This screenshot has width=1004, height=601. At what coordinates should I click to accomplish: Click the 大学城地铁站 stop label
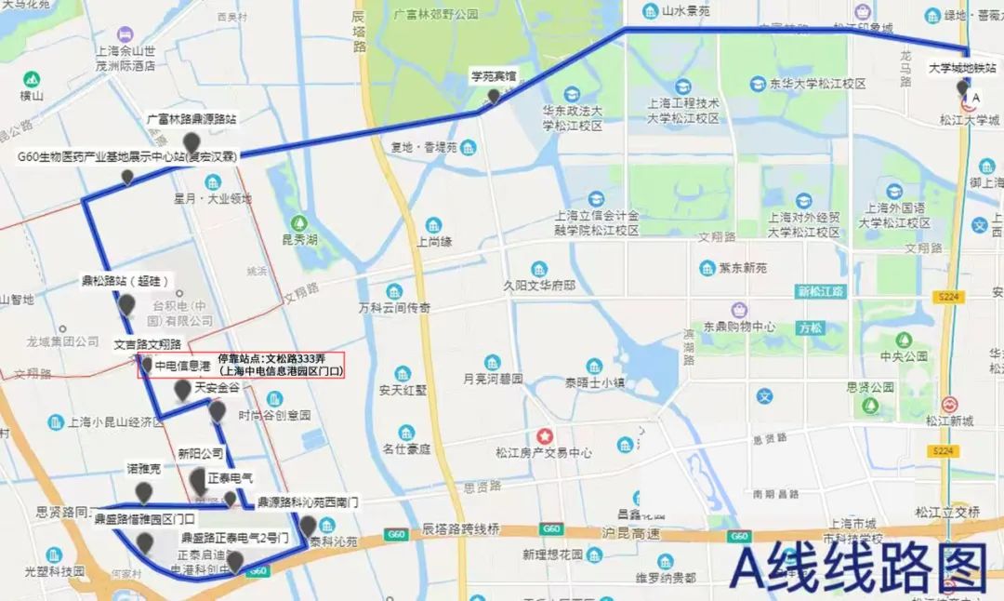pos(963,68)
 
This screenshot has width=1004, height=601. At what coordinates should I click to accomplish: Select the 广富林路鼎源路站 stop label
pos(192,119)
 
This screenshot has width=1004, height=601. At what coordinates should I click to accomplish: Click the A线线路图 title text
pos(857,567)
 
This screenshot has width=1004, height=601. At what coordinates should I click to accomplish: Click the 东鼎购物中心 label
pos(739,327)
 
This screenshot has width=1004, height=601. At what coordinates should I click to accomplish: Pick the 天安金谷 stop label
pos(218,387)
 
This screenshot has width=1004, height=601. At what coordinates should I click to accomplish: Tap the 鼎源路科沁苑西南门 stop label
pos(308,502)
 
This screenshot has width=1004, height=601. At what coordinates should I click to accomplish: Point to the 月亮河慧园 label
pos(493,380)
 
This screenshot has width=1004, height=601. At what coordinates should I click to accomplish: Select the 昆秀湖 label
pos(299,240)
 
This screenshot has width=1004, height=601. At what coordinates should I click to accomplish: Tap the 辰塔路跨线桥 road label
pos(461,528)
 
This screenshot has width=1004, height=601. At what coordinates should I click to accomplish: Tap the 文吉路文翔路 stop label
pos(148,344)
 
